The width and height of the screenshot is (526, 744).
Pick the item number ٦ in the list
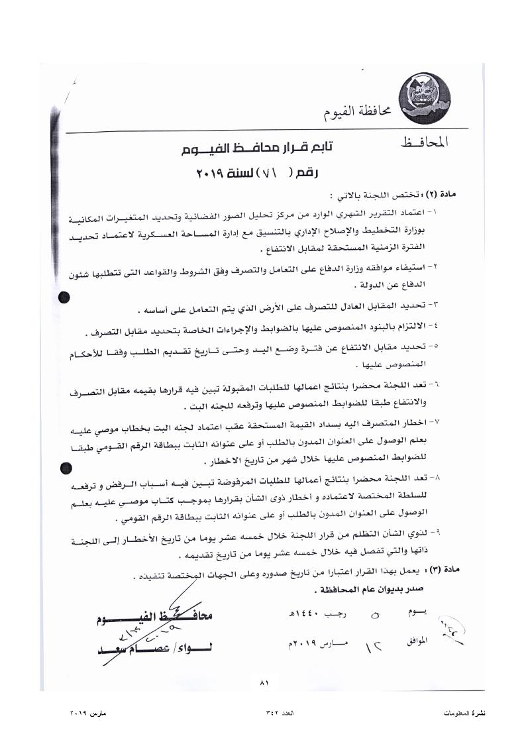click(x=435, y=384)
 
